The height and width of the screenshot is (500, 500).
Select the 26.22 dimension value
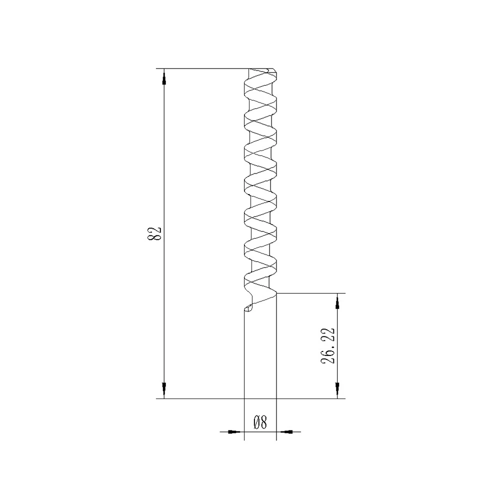point(328,346)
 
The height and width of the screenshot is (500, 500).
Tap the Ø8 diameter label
point(259,423)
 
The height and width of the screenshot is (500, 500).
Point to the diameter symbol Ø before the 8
point(255,423)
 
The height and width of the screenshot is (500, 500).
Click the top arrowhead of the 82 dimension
point(164,75)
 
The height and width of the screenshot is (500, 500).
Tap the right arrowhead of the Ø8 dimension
point(286,431)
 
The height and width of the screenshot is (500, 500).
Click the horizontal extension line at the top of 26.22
point(310,293)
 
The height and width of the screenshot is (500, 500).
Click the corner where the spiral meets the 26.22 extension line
point(276,293)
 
